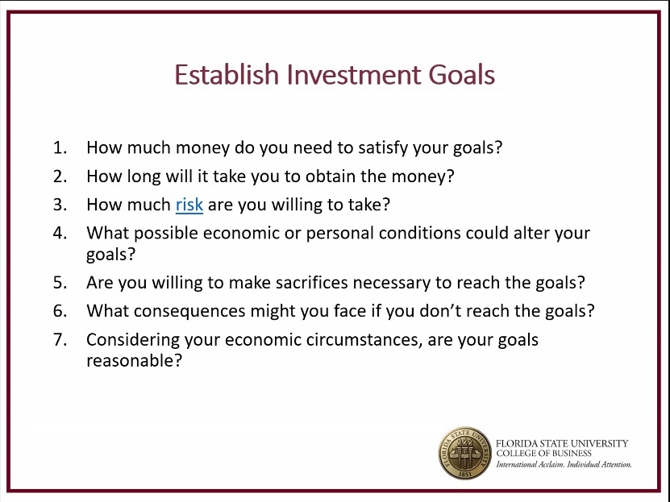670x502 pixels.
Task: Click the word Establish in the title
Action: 227,74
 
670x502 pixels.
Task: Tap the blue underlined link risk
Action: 189,205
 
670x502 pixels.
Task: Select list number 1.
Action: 60,147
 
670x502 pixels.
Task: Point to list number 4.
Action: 60,233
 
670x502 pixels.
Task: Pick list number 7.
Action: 60,340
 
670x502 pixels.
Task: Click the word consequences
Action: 189,312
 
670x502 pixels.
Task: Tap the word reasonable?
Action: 134,361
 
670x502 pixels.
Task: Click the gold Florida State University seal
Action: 465,454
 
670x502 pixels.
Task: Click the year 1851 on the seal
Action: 465,475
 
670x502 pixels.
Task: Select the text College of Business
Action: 543,454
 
